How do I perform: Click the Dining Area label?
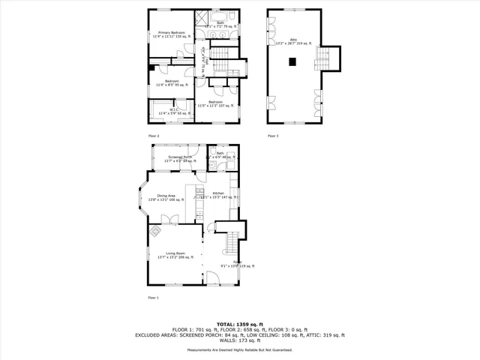(x=166, y=197)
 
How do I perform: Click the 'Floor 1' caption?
(x=154, y=298)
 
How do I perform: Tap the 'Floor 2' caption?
(x=154, y=135)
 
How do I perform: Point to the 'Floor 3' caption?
(x=273, y=135)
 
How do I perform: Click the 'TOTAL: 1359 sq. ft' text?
(x=240, y=324)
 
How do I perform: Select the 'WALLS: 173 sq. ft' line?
(x=240, y=341)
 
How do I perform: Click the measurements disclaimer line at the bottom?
(x=240, y=349)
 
